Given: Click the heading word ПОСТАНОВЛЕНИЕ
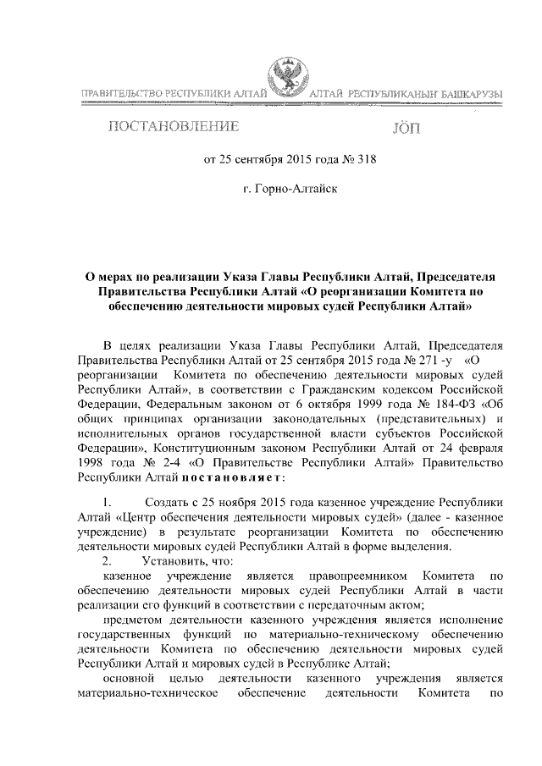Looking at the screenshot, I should click(x=170, y=129).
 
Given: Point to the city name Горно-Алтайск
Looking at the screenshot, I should click(x=290, y=189).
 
